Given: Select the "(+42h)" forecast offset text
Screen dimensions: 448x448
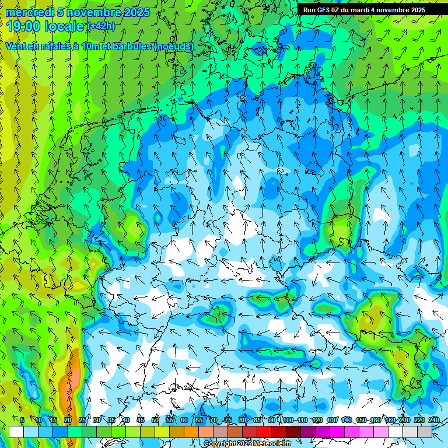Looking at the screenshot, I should [101, 26].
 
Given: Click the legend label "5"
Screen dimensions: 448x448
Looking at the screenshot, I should [22, 420].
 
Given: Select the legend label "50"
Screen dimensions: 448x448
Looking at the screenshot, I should [155, 420].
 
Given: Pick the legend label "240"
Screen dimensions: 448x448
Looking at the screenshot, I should [434, 420].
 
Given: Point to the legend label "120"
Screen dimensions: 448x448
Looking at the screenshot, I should [317, 420].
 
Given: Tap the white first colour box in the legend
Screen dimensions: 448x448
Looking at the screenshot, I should [16, 432].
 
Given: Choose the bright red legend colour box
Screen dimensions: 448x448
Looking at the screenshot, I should [264, 432].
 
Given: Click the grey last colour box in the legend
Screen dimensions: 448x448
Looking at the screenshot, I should [425, 432].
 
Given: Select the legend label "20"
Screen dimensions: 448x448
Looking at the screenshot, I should [67, 420].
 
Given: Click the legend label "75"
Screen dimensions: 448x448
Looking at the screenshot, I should [228, 420].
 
